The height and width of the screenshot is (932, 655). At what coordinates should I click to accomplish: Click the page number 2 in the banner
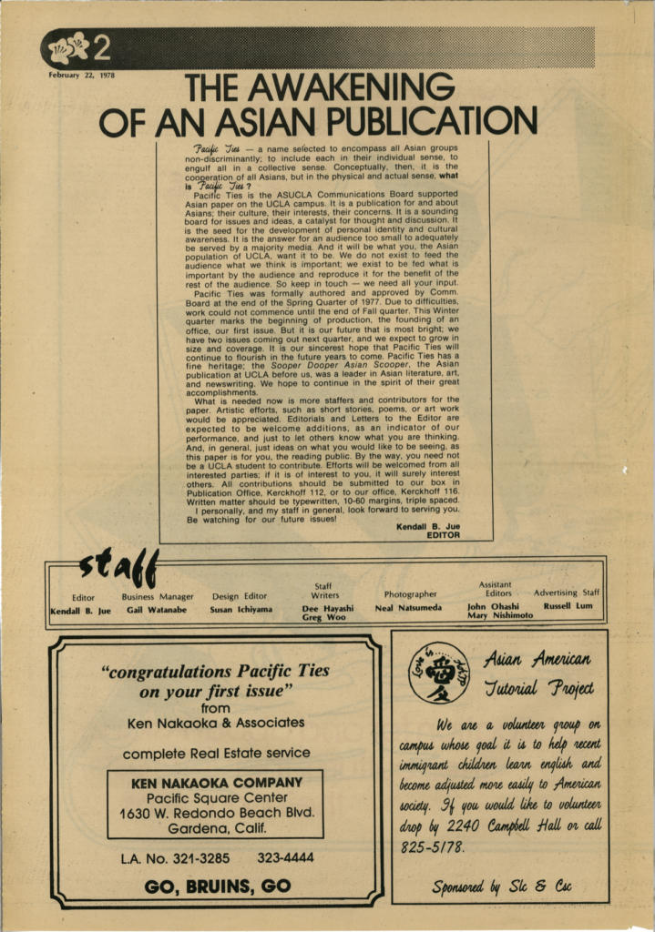101,46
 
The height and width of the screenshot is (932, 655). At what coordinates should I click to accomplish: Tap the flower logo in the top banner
68,46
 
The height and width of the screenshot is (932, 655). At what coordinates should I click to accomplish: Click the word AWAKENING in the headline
319,88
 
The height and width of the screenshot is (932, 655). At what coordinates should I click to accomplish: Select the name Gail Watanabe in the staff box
156,609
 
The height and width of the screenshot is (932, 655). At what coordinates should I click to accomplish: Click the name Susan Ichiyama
241,609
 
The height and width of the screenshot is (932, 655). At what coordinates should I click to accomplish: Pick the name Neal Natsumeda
408,607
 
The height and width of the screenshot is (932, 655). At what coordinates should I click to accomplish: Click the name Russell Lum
567,605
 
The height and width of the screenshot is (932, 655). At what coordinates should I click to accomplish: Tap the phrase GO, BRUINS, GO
217,886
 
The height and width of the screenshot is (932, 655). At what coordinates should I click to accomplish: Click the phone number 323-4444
285,857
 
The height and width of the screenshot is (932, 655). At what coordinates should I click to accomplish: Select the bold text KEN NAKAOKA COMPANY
217,783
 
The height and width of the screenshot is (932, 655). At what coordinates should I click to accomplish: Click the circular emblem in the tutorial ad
439,673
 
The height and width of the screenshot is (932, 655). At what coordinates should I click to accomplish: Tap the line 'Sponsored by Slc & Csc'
501,886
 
